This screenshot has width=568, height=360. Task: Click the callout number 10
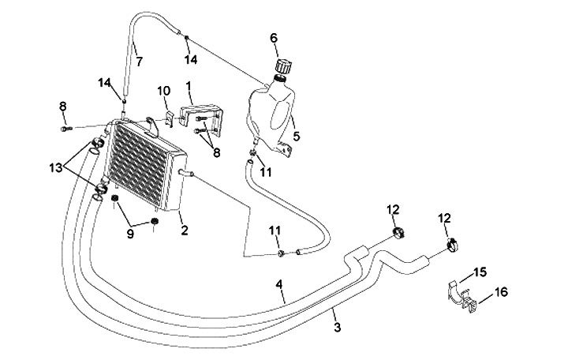pos(163,92)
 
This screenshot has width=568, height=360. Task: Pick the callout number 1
pos(189,84)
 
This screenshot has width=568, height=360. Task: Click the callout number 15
pos(480,274)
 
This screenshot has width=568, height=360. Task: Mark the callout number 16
pos(503,293)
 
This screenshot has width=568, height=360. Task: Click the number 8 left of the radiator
pos(62,107)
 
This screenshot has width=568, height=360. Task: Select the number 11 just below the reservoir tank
pos(266,171)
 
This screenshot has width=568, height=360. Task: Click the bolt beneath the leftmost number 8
pos(65,126)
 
